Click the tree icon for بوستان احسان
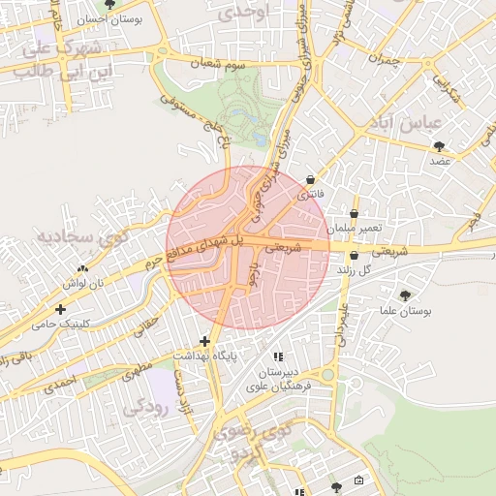pos(109,5)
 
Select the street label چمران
pos(386,59)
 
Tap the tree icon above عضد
pos(441,145)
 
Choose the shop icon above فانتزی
pos(310,179)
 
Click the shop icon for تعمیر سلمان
pos(354,212)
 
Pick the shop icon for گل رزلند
pos(354,256)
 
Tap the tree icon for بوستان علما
pos(404,294)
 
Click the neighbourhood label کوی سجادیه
pos(77,236)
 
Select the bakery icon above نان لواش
pos(82,269)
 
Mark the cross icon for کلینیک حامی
pos(61,309)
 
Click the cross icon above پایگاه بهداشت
pos(204,341)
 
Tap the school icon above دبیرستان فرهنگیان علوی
pos(279,356)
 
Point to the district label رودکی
pos(145,408)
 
